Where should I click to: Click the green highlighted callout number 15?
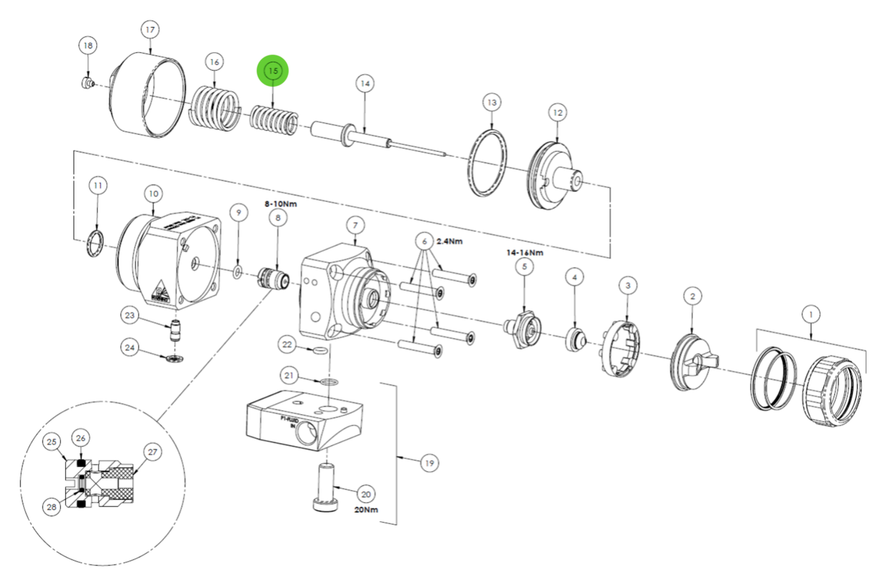(x=273, y=71)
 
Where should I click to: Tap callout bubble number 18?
(x=88, y=46)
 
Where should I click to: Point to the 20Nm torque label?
(x=366, y=510)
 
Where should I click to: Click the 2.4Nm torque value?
(x=450, y=241)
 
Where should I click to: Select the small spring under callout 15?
(x=273, y=119)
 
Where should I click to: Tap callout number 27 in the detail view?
(x=152, y=452)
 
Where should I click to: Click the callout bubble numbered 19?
(x=429, y=463)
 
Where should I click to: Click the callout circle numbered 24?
(x=130, y=347)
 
